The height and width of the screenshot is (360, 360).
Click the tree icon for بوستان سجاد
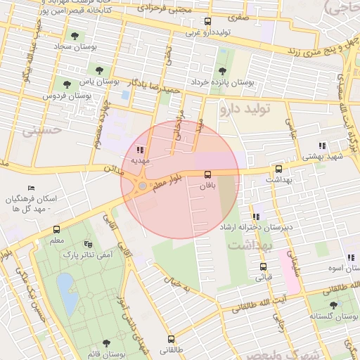(x=74, y=36)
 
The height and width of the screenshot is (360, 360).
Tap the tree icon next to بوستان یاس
(x=98, y=70)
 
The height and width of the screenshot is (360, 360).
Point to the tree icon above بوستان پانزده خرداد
(x=222, y=71)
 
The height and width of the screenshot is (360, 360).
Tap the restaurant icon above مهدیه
(x=140, y=150)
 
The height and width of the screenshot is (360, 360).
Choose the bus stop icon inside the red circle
(x=207, y=174)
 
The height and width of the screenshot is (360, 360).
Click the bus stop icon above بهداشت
(x=278, y=169)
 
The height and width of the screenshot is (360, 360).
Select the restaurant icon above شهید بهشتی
(x=322, y=146)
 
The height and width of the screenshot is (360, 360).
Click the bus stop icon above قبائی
(x=264, y=266)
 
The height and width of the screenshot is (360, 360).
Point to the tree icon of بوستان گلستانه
(x=333, y=304)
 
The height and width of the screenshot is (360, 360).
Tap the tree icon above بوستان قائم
(x=105, y=343)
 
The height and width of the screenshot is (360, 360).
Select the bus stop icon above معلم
(x=56, y=229)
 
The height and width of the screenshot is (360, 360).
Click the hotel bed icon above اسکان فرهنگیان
(x=30, y=188)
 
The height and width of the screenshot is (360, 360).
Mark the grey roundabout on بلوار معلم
(x=143, y=186)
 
